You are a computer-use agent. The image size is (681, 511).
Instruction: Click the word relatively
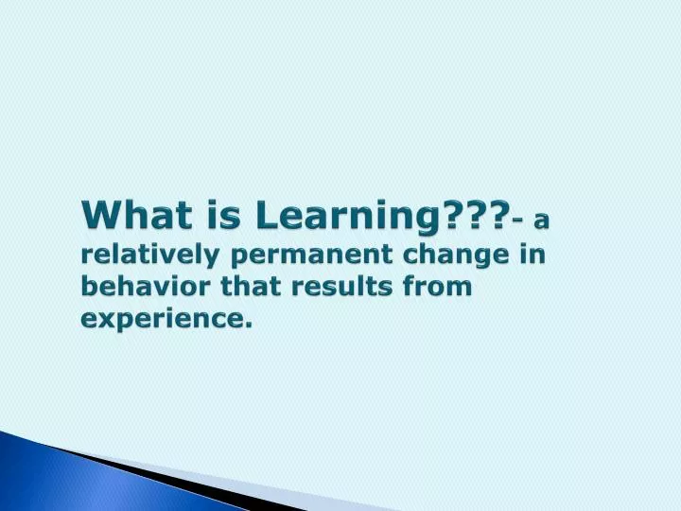point(149,255)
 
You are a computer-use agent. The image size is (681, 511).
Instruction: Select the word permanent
point(304,256)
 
